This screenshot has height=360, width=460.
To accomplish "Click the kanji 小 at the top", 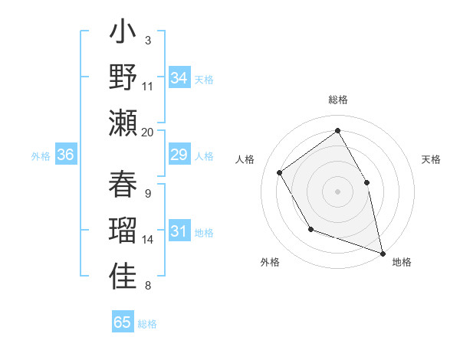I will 123,34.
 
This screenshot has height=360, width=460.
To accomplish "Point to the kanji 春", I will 123,184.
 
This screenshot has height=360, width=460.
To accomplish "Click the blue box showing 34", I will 179,78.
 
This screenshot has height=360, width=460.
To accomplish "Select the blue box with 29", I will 179,155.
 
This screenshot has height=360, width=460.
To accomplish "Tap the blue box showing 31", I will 179,232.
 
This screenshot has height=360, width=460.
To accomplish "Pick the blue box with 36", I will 66,155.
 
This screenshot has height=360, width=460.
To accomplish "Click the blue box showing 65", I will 123,322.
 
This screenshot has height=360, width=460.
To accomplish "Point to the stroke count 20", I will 148,132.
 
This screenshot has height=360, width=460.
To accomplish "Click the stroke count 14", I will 148,240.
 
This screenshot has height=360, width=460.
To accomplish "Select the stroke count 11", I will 148,86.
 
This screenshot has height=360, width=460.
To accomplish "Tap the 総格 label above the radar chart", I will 338,100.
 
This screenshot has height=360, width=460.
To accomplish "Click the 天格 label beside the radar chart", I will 431,159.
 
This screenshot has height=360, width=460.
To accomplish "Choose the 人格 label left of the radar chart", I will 245,159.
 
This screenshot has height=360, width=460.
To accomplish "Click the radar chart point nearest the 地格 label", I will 383,253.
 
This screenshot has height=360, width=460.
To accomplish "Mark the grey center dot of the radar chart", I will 337,191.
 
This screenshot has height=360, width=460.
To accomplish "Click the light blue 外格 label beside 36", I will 41,156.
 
